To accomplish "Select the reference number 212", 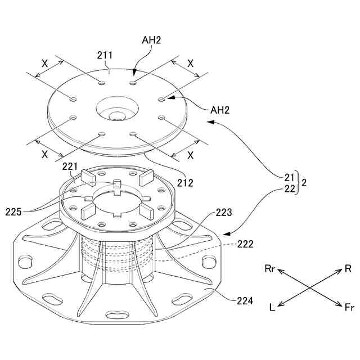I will [184, 182].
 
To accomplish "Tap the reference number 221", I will [70, 166].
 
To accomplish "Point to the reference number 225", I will [15, 212].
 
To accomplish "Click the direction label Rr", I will [270, 268].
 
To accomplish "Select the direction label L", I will [272, 307].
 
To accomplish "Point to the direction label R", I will [348, 268].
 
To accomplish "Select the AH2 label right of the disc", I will [220, 109].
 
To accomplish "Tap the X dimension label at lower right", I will [190, 155].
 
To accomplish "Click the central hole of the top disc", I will [117, 116].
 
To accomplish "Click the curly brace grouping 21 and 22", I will [298, 183].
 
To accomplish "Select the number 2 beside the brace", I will [304, 183].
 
